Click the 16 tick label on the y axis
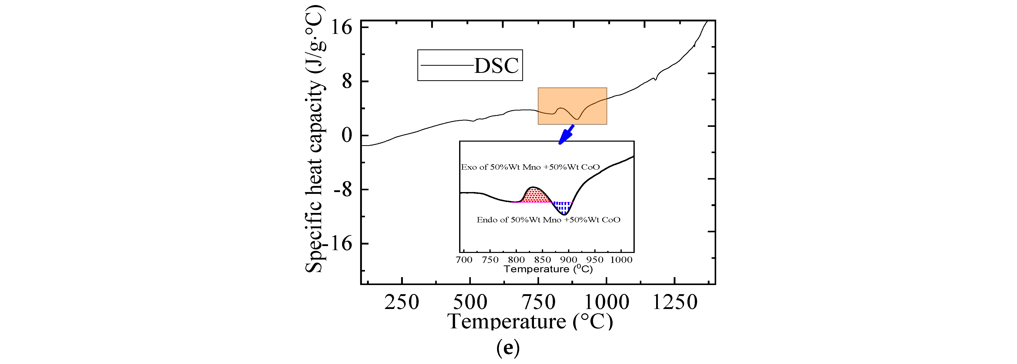tap(341, 28)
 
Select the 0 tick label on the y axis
tap(347, 136)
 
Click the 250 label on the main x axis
tap(402, 302)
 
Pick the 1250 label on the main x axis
tap(675, 302)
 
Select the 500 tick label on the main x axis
tap(470, 302)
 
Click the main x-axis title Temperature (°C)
tap(530, 321)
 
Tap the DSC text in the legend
tap(496, 66)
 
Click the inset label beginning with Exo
tap(530, 167)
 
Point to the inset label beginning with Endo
tap(548, 220)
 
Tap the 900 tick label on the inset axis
tap(569, 260)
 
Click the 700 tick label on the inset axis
tap(464, 260)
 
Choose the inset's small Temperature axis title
tap(548, 269)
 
